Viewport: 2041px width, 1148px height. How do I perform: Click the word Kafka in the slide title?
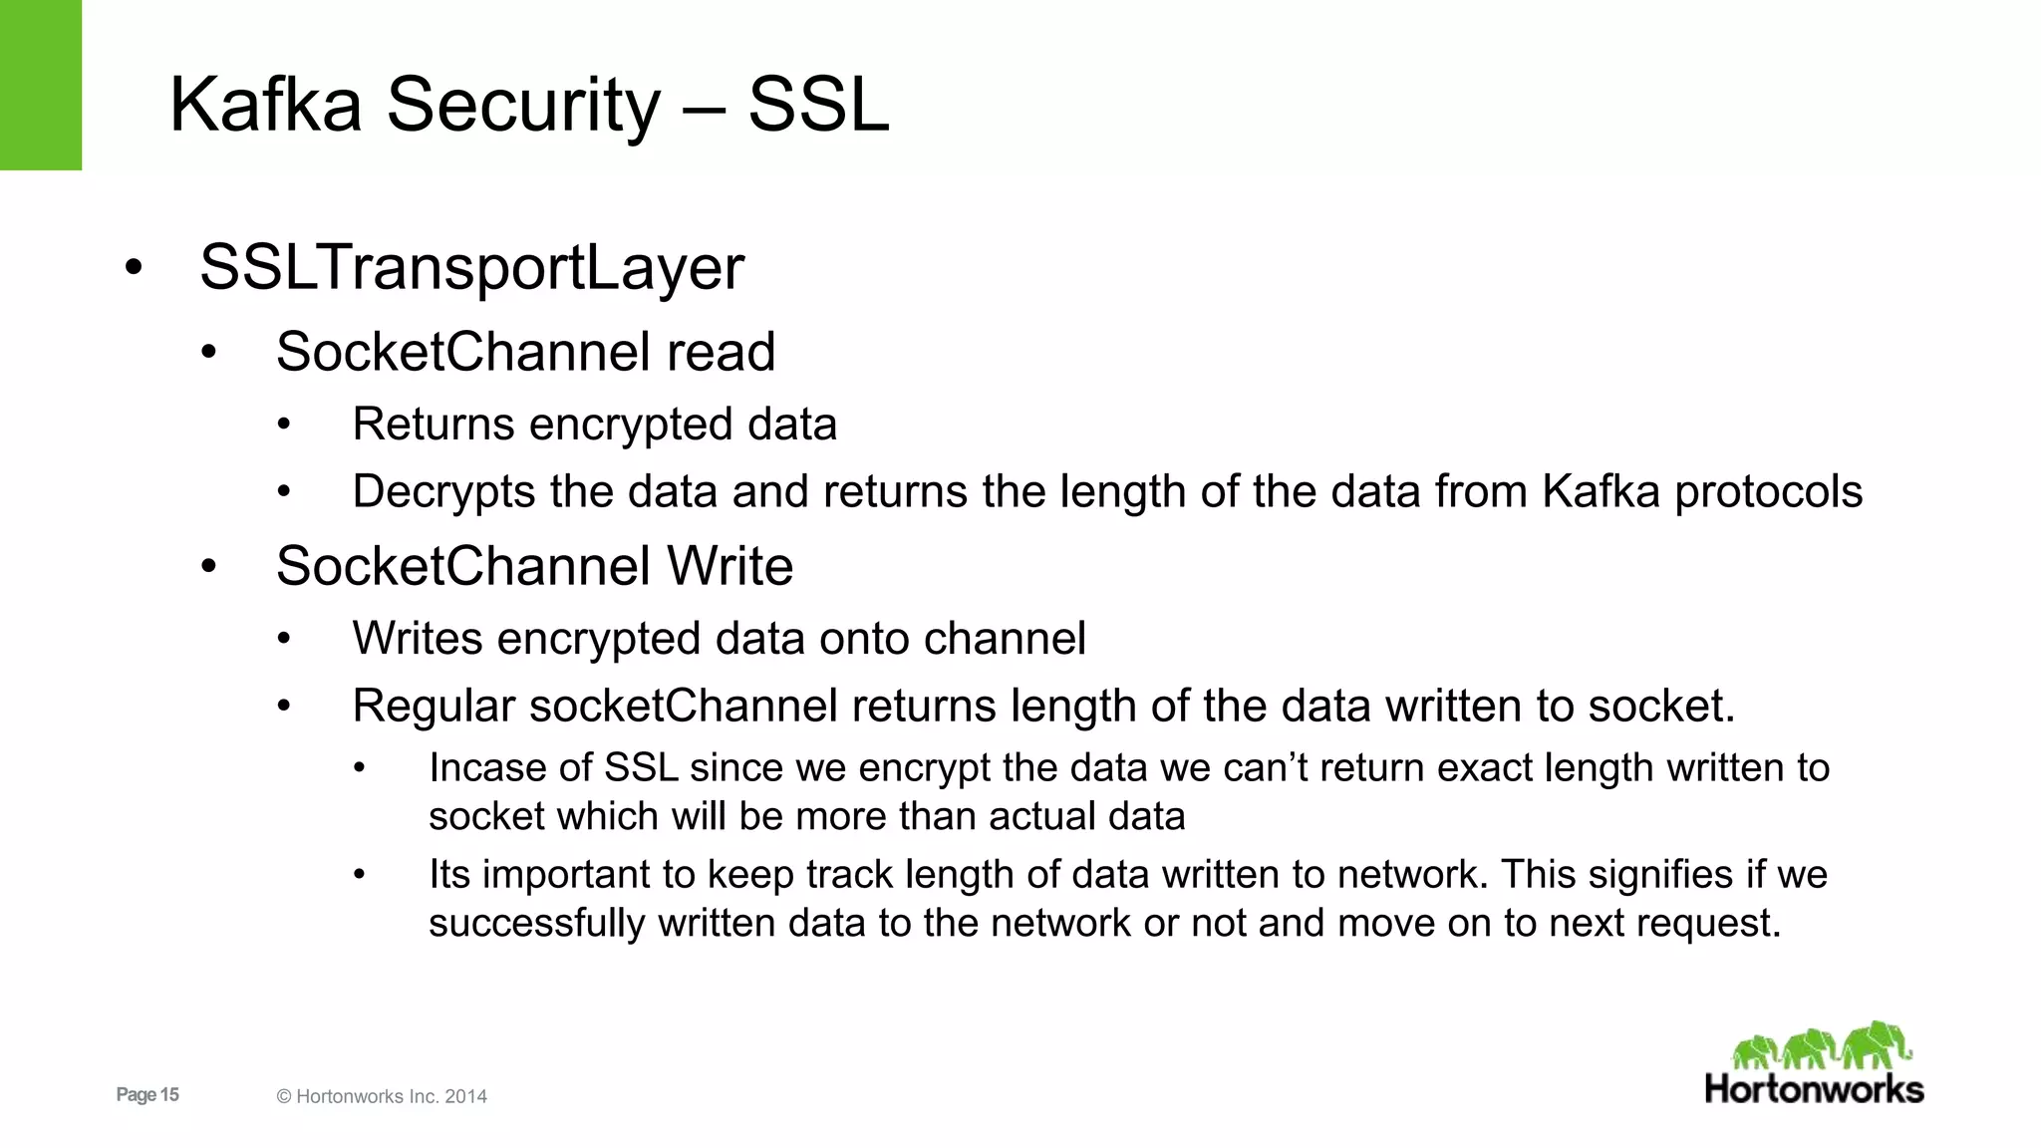(x=265, y=105)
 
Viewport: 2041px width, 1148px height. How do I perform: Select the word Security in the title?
(x=523, y=107)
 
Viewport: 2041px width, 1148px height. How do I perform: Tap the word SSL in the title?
(x=818, y=105)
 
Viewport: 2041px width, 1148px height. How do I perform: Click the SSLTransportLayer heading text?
(x=471, y=267)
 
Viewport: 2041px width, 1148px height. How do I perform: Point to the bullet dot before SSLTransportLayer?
(x=134, y=268)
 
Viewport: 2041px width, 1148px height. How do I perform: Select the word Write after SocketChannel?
(x=729, y=566)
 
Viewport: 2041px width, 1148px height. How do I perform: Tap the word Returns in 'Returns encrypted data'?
(x=434, y=425)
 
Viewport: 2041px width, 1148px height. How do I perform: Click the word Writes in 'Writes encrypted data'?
(x=418, y=639)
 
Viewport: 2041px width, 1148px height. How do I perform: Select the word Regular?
(x=434, y=707)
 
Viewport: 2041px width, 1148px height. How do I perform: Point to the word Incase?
(x=486, y=768)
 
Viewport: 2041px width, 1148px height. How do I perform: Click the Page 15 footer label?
(x=147, y=1095)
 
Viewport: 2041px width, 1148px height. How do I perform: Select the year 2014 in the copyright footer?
(x=465, y=1097)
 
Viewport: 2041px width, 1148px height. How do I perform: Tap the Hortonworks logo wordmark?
(x=1814, y=1089)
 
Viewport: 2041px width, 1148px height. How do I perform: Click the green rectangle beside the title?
(x=41, y=85)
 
